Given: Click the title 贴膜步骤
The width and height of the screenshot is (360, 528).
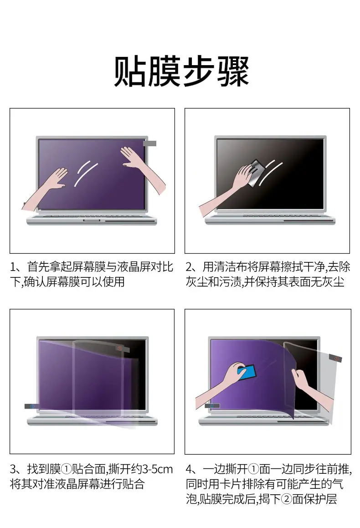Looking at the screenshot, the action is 181,71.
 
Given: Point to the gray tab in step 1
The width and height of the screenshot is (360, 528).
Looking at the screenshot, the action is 150,144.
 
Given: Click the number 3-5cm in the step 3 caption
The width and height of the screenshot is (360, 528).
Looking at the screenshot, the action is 157,469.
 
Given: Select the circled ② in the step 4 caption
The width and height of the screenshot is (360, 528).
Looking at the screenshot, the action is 287,499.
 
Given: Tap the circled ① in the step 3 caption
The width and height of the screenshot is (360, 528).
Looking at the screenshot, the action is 67,469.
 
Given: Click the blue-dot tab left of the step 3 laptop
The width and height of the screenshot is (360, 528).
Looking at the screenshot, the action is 32,406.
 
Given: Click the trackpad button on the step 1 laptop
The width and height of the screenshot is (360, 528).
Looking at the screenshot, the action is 92,220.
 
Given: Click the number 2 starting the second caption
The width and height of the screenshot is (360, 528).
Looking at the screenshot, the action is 189,267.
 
